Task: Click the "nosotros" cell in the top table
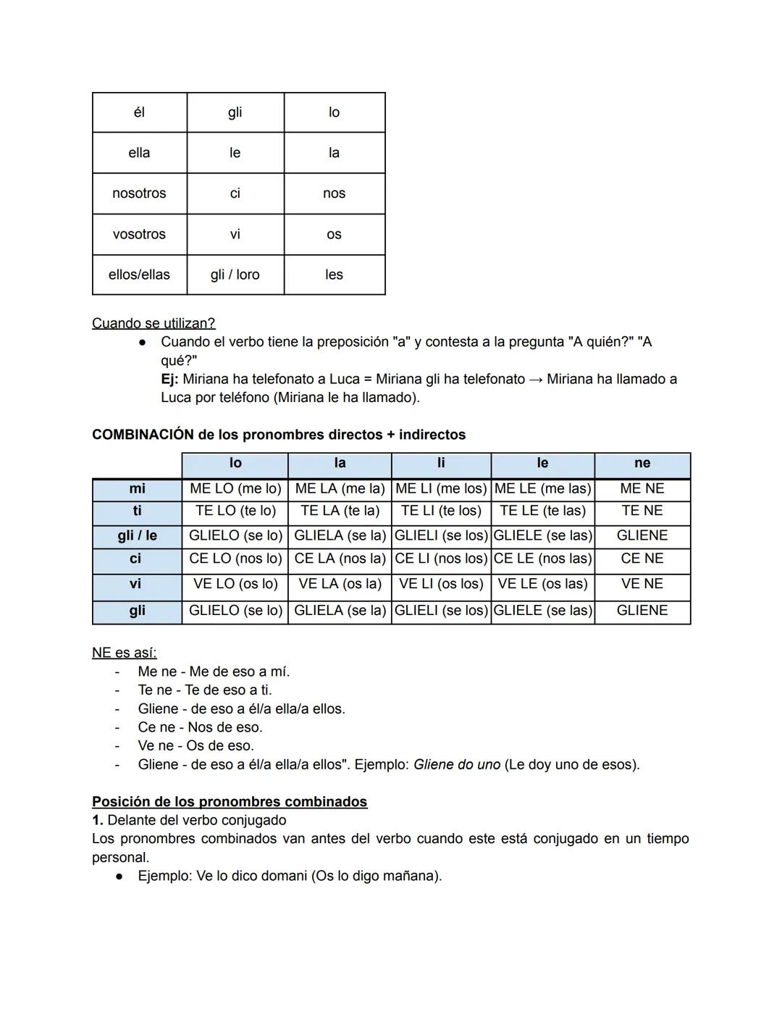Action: tap(139, 193)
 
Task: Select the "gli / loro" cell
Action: tap(235, 275)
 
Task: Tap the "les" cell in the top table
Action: tap(334, 275)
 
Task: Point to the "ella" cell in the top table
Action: tap(139, 153)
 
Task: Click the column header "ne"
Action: tap(642, 463)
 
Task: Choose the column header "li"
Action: tap(441, 463)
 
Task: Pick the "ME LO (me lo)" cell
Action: tap(235, 489)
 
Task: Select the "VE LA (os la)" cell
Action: tap(340, 584)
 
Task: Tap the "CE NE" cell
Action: tap(642, 559)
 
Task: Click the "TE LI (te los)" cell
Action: tap(441, 511)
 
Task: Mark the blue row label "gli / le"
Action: tap(137, 536)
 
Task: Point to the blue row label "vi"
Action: tap(136, 584)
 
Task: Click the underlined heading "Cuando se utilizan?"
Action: tap(154, 323)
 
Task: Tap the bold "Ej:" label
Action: tap(169, 379)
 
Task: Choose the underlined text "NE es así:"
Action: tap(124, 653)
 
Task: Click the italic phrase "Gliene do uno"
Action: tap(457, 765)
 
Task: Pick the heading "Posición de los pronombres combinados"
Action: tap(230, 802)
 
